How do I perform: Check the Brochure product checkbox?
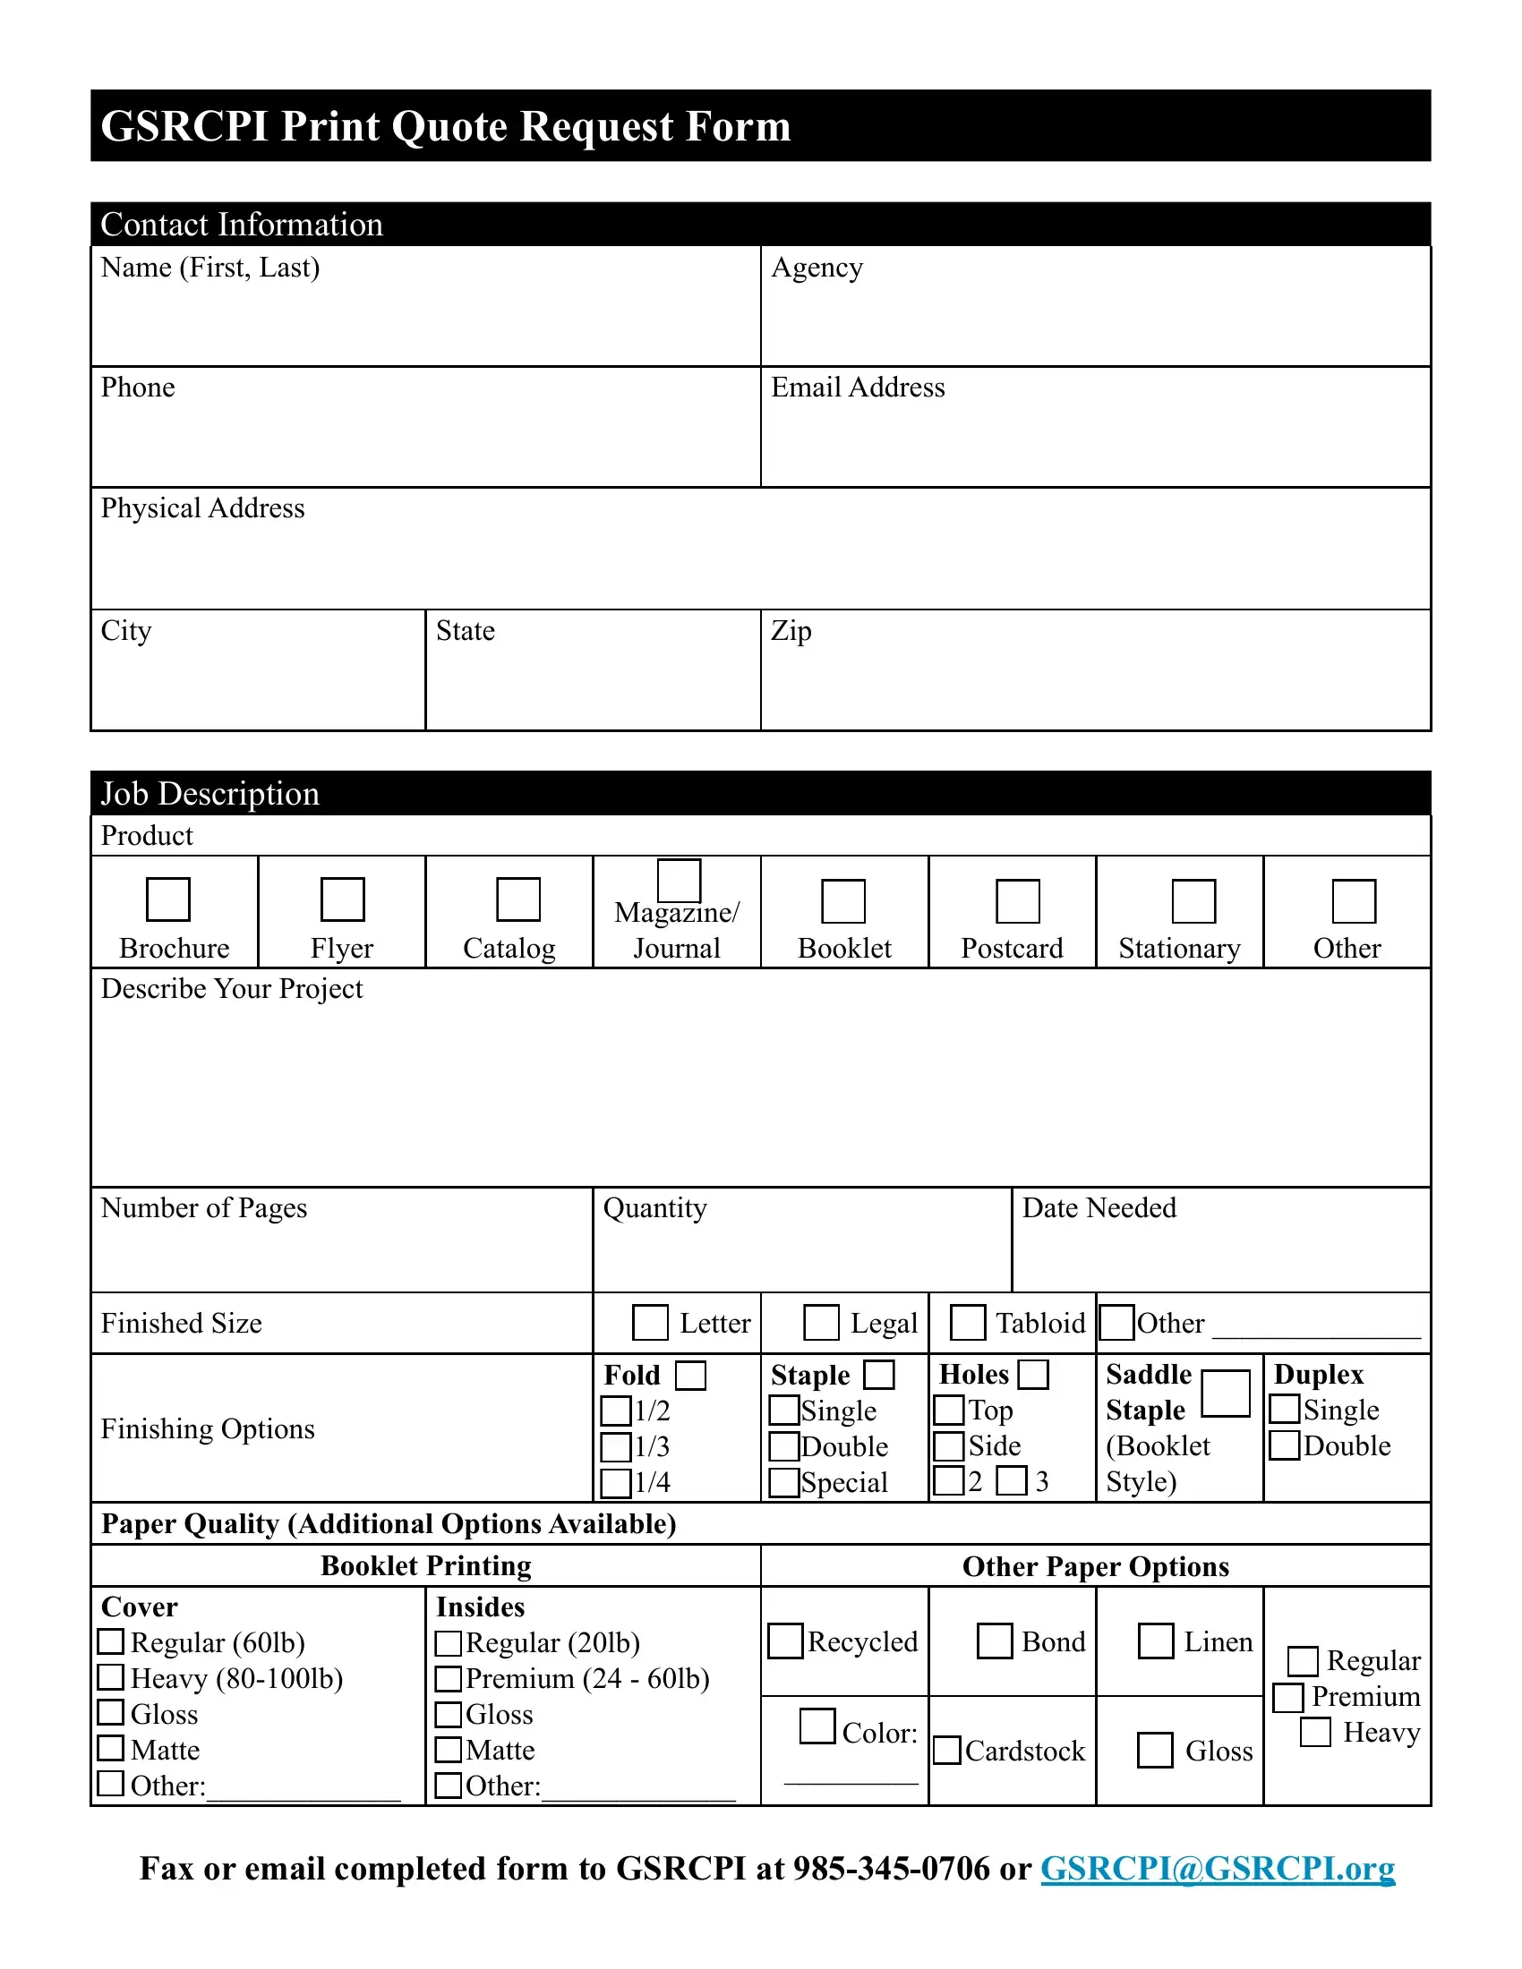[167, 899]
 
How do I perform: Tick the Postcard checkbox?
[1017, 900]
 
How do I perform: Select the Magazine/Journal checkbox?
[679, 880]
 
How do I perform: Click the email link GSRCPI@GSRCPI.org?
[1218, 1868]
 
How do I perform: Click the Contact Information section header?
[242, 224]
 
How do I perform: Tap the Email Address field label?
[858, 388]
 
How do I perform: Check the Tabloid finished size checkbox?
[968, 1323]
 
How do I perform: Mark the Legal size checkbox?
[820, 1323]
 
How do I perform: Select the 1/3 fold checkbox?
[616, 1447]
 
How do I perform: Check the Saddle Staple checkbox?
[1226, 1393]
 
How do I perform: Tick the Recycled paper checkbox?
[784, 1641]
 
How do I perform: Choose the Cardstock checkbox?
[946, 1751]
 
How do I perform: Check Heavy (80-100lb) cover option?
[110, 1677]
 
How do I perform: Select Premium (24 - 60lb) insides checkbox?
[449, 1679]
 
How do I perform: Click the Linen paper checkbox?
[1155, 1641]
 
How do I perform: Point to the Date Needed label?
[1099, 1208]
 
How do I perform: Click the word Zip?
[791, 631]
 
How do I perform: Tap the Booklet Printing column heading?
[425, 1566]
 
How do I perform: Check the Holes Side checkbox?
[948, 1446]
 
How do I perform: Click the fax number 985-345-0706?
[891, 1868]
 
